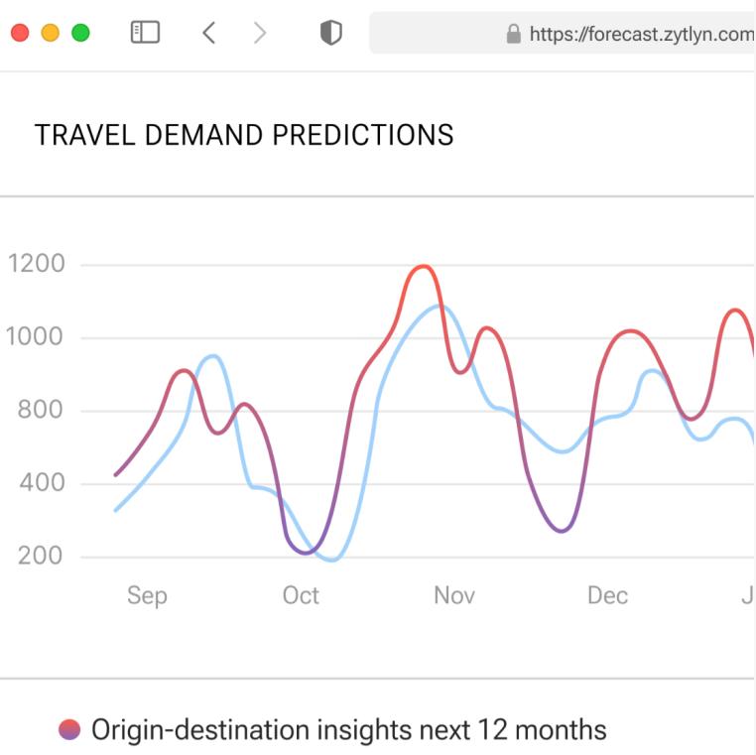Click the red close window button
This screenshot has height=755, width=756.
coord(19,34)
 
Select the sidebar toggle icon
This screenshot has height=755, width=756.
coord(145,34)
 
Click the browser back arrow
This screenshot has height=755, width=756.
coord(208,34)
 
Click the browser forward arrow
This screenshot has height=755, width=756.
coord(260,34)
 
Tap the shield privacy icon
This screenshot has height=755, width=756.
coord(330,34)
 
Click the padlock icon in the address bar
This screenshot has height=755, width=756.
coord(513,35)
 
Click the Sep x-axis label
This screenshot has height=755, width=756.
coord(147,595)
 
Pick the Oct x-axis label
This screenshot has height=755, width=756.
coord(300,595)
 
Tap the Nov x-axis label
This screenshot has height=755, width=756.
coord(453,595)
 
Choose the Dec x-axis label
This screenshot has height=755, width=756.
coord(607,595)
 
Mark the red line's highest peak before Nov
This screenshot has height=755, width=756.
coord(424,266)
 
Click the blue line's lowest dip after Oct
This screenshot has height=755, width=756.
coord(331,560)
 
